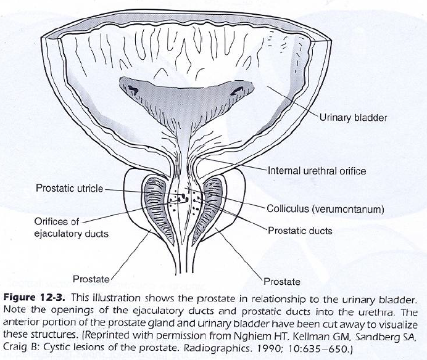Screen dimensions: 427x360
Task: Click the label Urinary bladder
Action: click(352, 118)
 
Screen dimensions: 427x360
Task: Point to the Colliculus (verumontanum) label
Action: click(326, 208)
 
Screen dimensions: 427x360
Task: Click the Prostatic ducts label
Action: click(300, 231)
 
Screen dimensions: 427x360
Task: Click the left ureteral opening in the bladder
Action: click(133, 90)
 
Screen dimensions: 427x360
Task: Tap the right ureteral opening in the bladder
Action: click(236, 91)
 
